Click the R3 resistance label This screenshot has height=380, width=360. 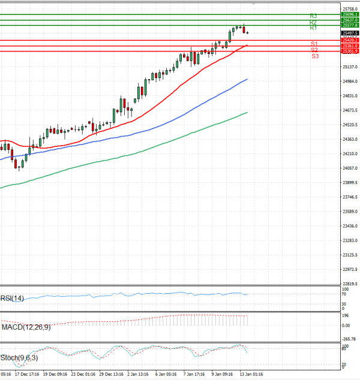(313, 16)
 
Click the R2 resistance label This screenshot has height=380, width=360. (313, 22)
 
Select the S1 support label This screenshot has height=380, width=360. (314, 44)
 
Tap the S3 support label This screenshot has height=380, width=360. (315, 56)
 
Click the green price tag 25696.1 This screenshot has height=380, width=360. (349, 14)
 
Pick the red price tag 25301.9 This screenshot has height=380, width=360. (349, 52)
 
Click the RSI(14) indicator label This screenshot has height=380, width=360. (12, 298)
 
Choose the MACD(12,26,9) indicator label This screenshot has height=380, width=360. (25, 327)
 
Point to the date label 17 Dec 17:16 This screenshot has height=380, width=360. (28, 374)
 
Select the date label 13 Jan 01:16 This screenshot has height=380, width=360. (251, 374)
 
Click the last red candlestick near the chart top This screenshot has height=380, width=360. (244, 29)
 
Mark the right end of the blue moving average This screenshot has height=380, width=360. (247, 79)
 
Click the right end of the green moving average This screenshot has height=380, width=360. (247, 112)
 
